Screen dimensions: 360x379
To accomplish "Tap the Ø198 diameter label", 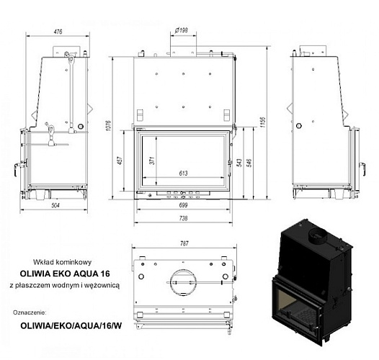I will click(182, 30).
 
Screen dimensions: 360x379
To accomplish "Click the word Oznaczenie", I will click(30, 312).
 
